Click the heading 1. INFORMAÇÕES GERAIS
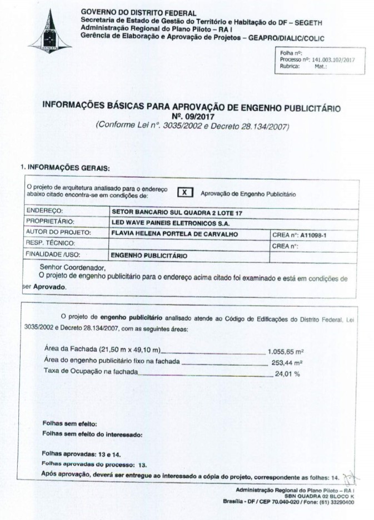pos(65,167)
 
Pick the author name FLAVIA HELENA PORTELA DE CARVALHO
pos(175,234)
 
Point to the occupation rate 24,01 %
pos(287,373)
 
